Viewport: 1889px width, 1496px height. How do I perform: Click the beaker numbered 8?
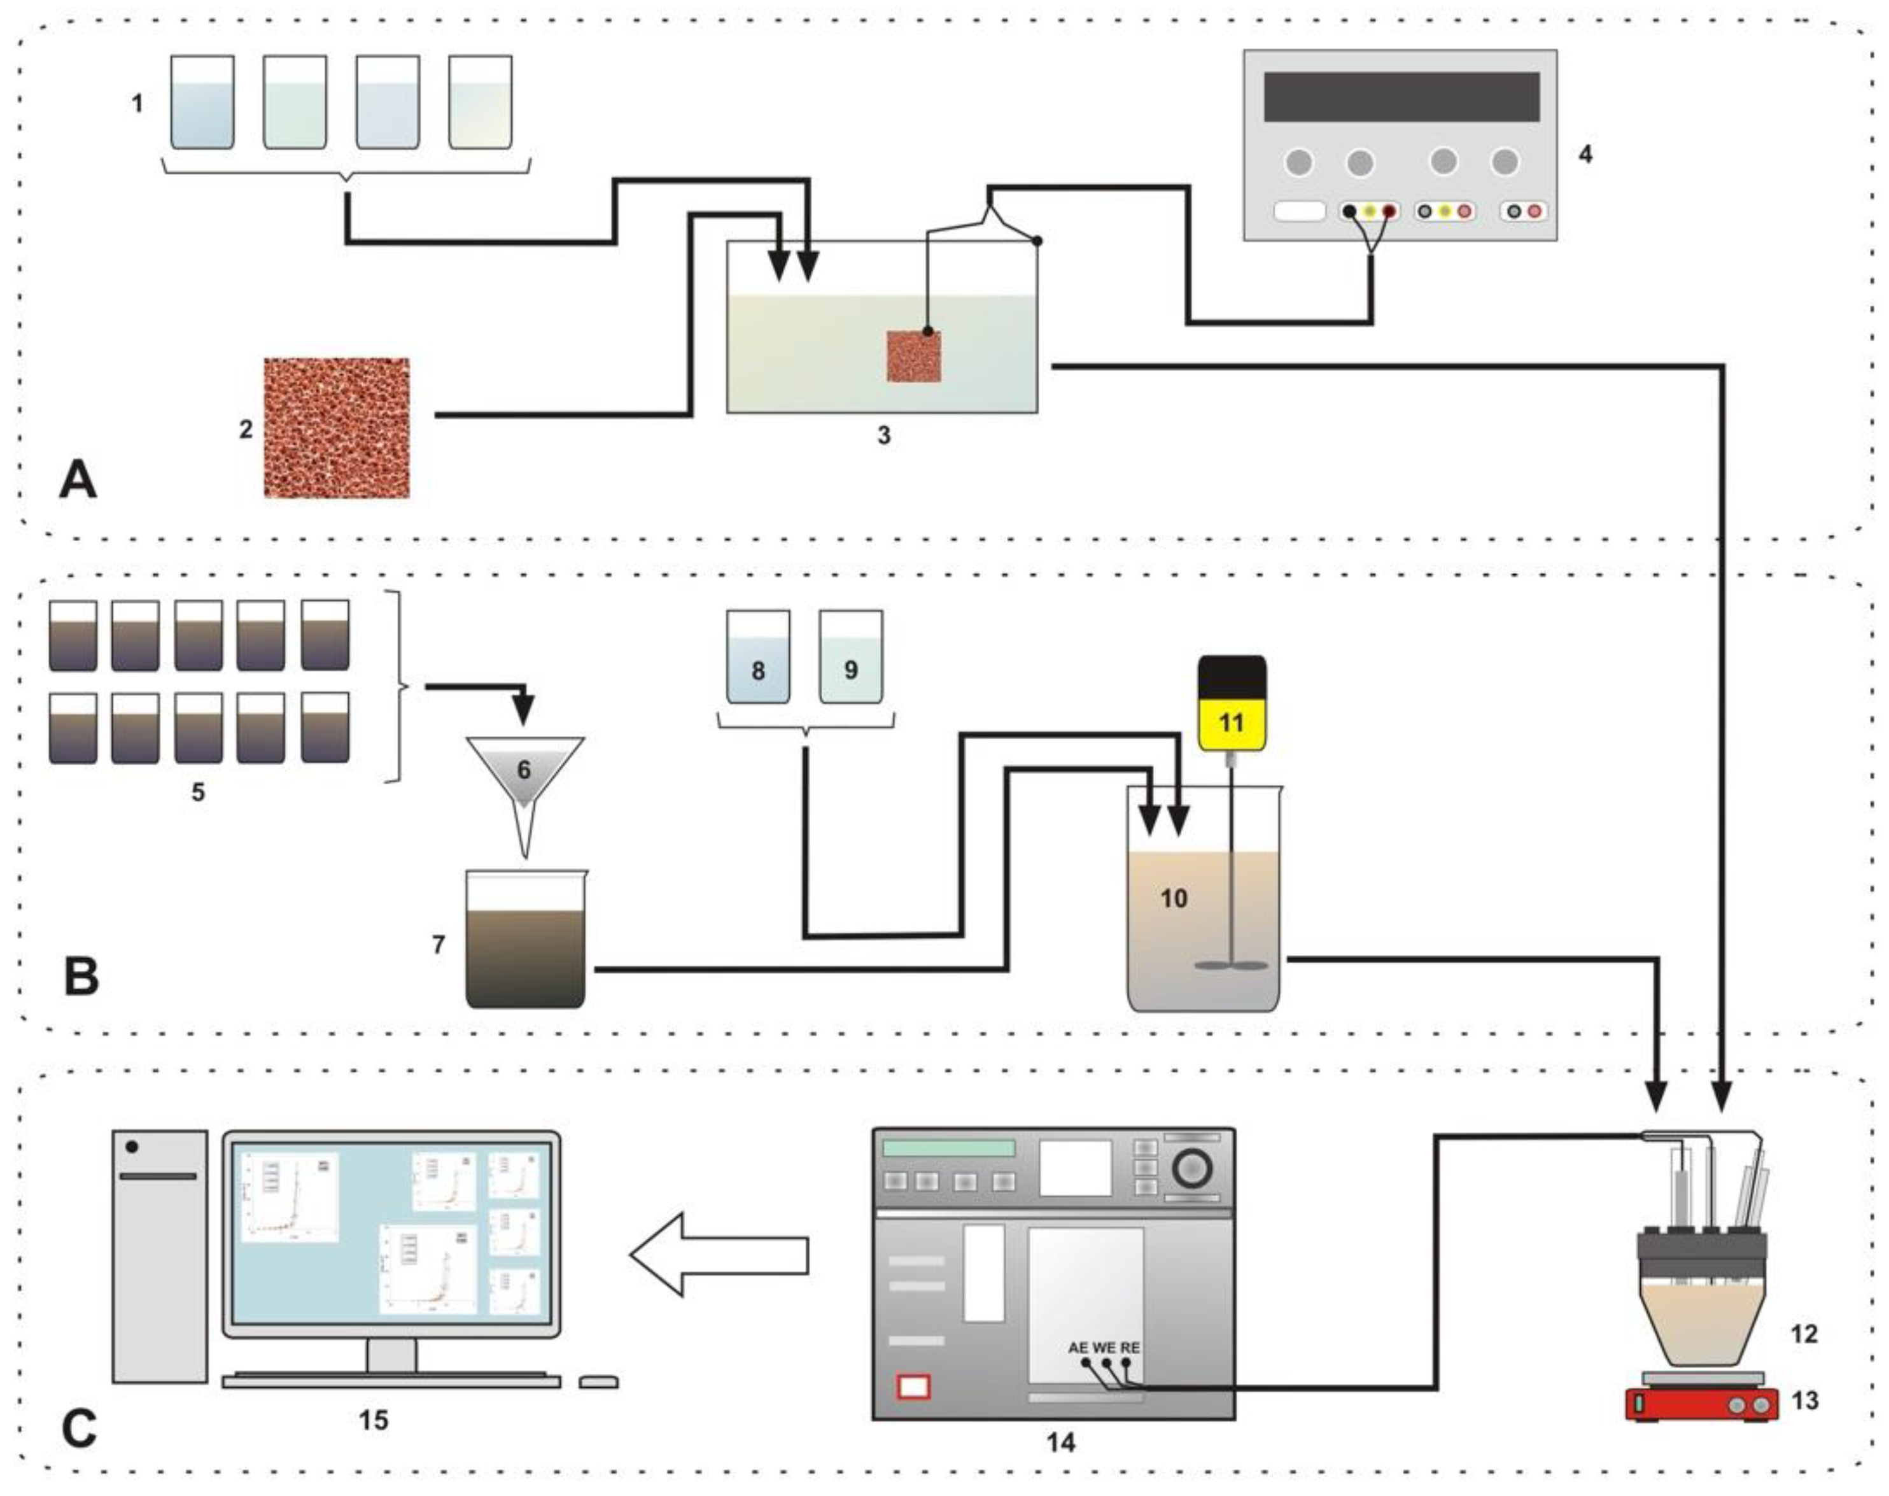pyautogui.click(x=759, y=657)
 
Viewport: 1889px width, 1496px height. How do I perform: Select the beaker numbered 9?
pyautogui.click(x=850, y=657)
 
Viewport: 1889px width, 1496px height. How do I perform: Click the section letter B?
pyautogui.click(x=81, y=977)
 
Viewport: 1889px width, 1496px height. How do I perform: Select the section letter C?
pyautogui.click(x=79, y=1428)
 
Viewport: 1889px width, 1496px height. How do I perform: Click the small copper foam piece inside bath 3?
pyautogui.click(x=913, y=356)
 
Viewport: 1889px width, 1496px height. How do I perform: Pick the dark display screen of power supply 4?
pyautogui.click(x=1401, y=96)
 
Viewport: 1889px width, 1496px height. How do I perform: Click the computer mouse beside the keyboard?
pyautogui.click(x=599, y=1382)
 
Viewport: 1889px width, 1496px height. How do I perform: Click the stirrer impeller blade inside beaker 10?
pyautogui.click(x=1232, y=965)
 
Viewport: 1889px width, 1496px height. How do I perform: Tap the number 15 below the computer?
pyautogui.click(x=373, y=1420)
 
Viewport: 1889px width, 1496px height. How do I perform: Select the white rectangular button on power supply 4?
pyautogui.click(x=1300, y=211)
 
